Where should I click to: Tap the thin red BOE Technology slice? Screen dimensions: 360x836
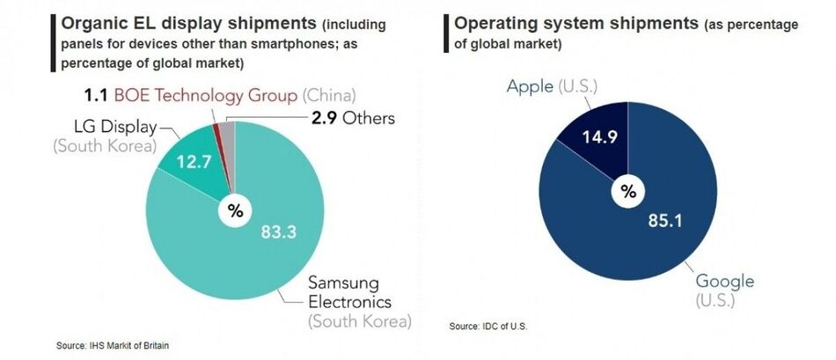216,132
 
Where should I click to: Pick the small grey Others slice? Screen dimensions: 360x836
227,132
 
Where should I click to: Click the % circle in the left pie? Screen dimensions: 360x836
235,210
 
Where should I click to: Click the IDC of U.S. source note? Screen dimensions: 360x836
488,327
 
